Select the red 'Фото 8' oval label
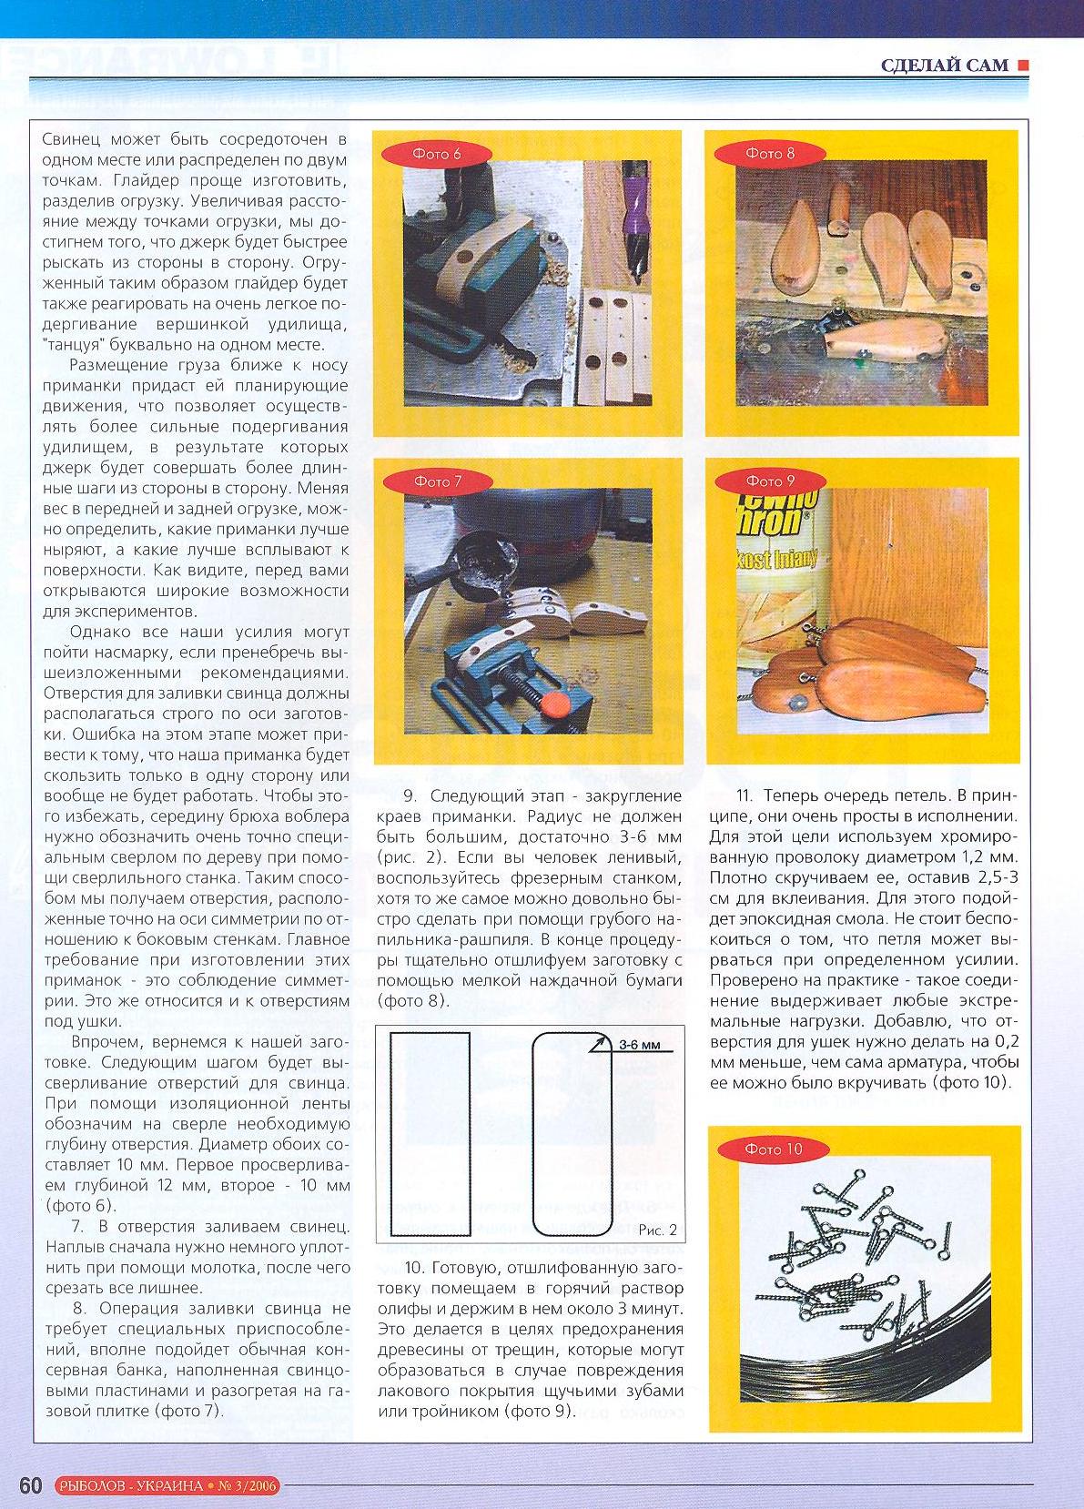[770, 154]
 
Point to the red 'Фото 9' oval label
[770, 481]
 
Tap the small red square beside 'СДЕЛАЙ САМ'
[1023, 65]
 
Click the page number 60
[30, 1485]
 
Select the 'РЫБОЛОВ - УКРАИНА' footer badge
[130, 1486]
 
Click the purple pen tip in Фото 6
[630, 196]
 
